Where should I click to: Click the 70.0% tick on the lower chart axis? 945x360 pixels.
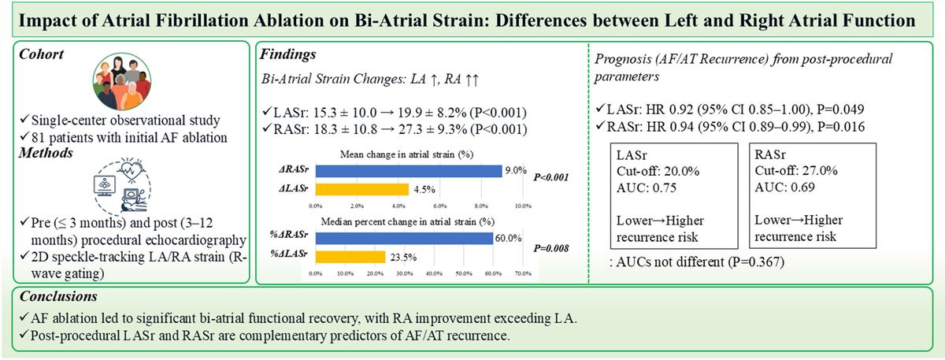tap(523, 273)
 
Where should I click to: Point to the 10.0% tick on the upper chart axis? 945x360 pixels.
tap(523, 206)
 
